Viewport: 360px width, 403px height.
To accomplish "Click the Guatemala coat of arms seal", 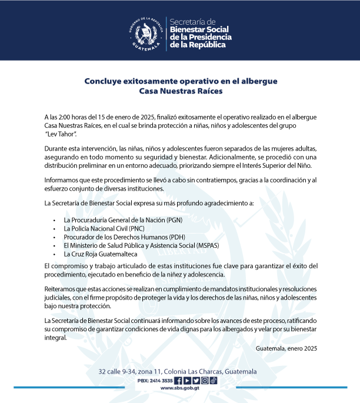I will click(x=145, y=33).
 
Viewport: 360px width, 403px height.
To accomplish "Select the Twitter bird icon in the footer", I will click(x=187, y=380).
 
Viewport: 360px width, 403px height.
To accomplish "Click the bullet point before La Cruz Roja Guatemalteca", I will click(x=54, y=255).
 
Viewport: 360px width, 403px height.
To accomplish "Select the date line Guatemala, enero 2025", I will click(x=286, y=349).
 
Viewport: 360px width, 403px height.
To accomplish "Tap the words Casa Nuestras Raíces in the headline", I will click(x=180, y=91).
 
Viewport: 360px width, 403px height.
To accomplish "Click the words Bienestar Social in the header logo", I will click(x=199, y=29).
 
